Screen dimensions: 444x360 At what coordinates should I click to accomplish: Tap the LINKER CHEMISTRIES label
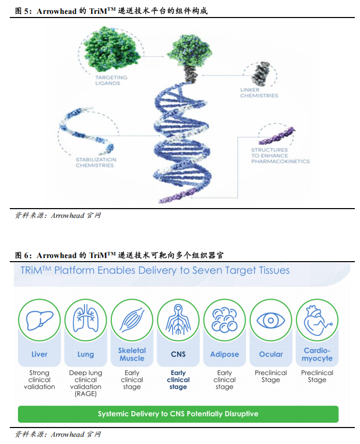259,93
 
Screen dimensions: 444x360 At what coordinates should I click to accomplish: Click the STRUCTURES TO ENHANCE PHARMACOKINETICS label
280,156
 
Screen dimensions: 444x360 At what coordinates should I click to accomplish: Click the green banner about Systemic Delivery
178,414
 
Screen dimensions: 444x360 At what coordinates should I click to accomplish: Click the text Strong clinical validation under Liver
39,380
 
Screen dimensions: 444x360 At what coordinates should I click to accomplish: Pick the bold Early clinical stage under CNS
178,380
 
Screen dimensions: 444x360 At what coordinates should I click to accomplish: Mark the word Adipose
225,354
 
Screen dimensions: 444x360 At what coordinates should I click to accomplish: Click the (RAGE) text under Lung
85,394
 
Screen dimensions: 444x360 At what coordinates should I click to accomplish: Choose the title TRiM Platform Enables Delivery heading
155,270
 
